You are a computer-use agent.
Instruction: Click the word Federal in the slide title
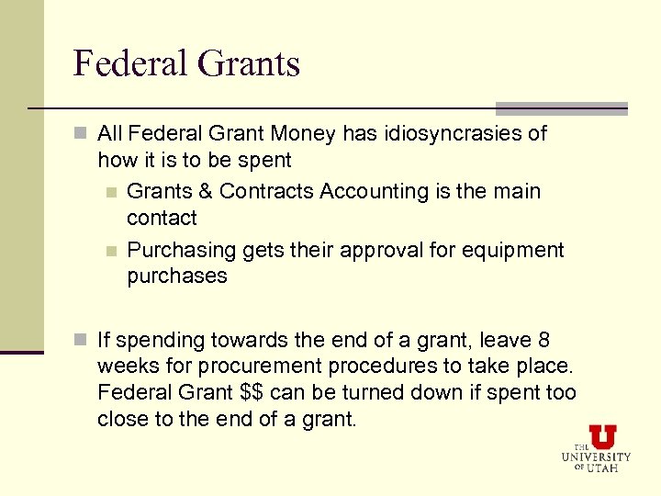pos(120,63)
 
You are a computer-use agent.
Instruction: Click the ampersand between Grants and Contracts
pos(205,192)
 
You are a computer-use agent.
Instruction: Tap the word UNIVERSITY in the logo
pos(597,457)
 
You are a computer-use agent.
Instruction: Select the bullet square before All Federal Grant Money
pos(82,134)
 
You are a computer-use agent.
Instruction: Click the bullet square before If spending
pos(82,341)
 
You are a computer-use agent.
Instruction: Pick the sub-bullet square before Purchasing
pos(110,251)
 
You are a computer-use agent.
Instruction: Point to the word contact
pos(162,219)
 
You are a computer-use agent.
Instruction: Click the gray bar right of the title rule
pos(561,107)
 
